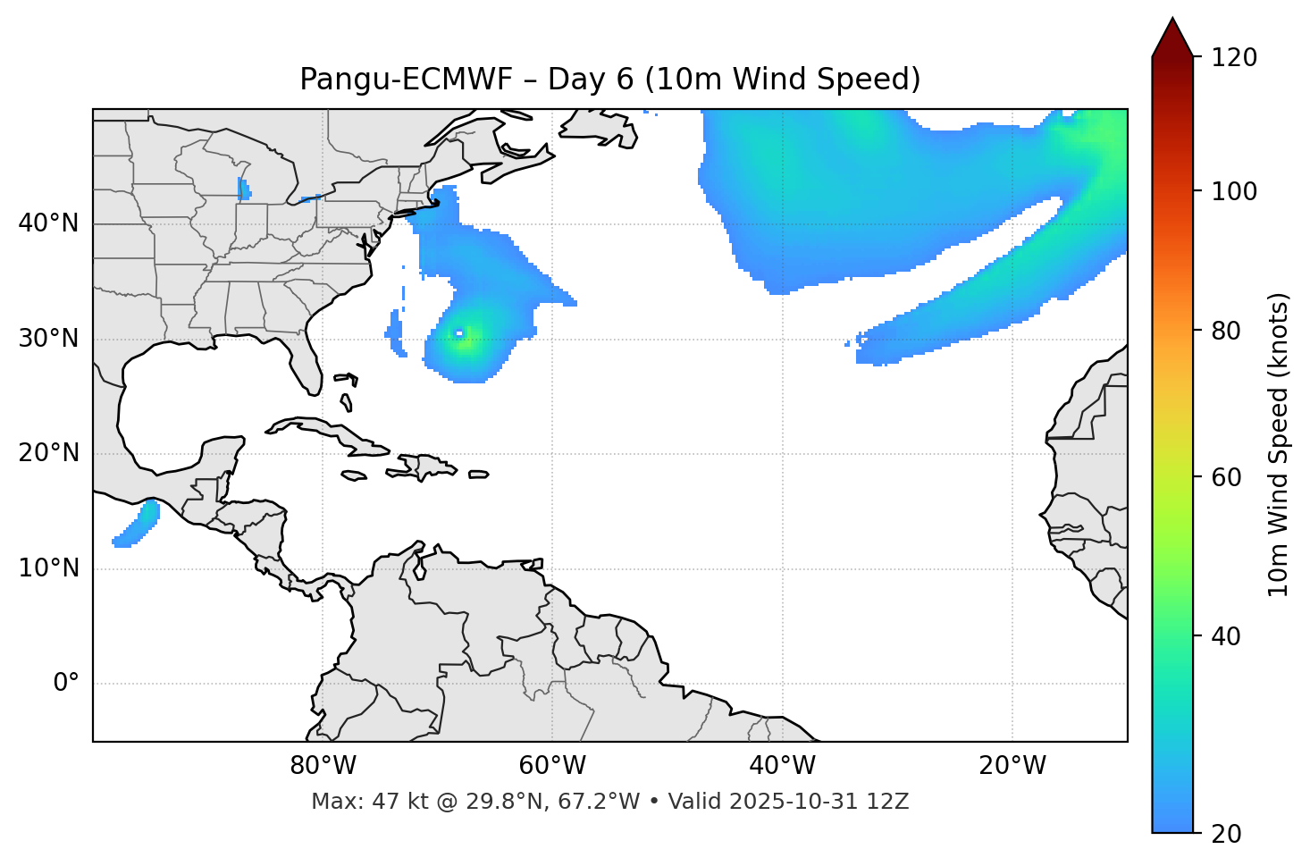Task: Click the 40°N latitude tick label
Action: tap(48, 223)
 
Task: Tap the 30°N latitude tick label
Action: tap(48, 339)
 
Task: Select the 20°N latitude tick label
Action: tap(48, 453)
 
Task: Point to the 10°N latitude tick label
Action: tap(48, 568)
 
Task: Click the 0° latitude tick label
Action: tap(66, 684)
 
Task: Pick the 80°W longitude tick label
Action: tap(323, 766)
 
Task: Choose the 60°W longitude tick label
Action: tap(552, 766)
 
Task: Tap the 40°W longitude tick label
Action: tap(783, 766)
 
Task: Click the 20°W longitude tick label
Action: tap(1012, 766)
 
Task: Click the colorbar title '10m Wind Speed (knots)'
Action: tap(1279, 444)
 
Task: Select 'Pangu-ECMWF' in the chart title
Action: tap(406, 80)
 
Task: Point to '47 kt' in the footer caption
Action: tap(387, 802)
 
